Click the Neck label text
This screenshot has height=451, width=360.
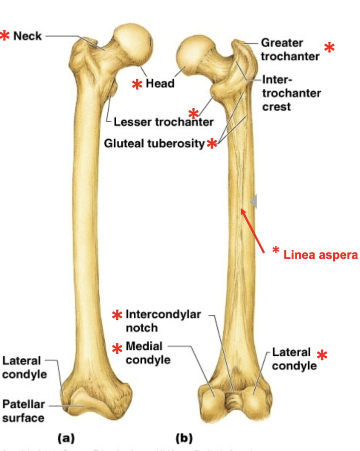click(27, 36)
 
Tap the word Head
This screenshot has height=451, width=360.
click(160, 83)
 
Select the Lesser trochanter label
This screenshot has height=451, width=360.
click(163, 122)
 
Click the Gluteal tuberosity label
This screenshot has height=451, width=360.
click(155, 144)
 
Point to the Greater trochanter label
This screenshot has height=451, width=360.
click(290, 49)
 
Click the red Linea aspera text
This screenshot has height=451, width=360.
click(321, 255)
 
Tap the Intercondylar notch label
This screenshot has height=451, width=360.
click(163, 321)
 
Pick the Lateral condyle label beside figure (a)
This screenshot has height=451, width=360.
click(24, 368)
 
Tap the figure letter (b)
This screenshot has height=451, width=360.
click(184, 437)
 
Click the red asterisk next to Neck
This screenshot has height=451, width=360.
click(5, 36)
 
